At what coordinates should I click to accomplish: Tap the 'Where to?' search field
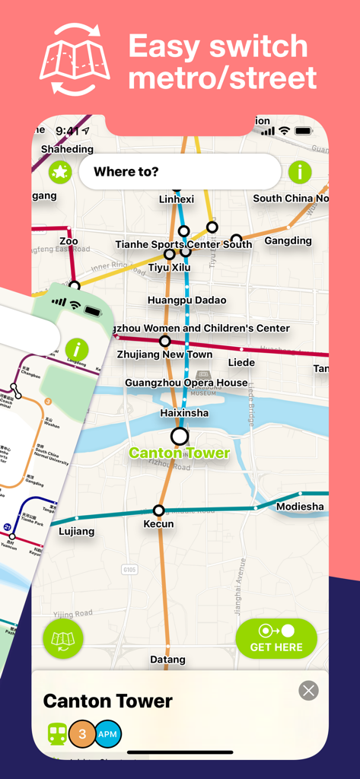click(180, 172)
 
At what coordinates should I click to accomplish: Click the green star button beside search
click(60, 173)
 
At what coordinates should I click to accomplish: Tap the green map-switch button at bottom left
click(63, 639)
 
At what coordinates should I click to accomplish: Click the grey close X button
click(308, 690)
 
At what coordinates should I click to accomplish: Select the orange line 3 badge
click(82, 734)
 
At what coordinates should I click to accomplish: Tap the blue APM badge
click(107, 734)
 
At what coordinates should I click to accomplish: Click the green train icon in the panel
click(57, 734)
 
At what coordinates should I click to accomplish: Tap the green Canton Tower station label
click(179, 453)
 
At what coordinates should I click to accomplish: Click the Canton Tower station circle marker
click(180, 436)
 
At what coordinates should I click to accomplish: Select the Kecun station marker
click(158, 510)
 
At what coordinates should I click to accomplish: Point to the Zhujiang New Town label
click(164, 355)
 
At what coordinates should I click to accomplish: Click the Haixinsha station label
click(184, 413)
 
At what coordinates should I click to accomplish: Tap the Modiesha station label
click(300, 507)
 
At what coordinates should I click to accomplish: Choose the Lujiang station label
click(77, 531)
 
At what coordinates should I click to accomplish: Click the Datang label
click(167, 660)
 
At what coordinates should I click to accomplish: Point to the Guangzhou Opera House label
click(186, 383)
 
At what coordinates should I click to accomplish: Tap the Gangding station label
click(288, 241)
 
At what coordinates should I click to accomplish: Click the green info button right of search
click(300, 172)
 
